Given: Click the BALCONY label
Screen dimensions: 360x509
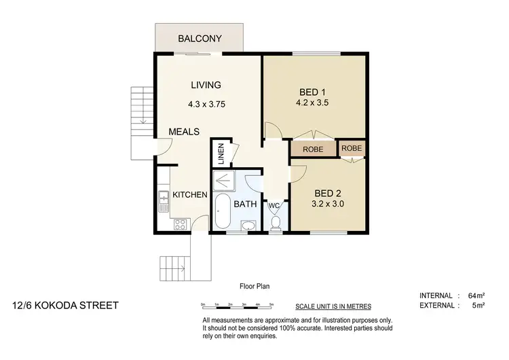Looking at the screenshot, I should coord(200,39).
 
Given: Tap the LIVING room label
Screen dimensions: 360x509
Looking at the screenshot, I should coord(206,85).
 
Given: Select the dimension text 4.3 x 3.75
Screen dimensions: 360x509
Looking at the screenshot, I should coord(206,105).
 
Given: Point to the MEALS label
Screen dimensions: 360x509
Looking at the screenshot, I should coord(184,132).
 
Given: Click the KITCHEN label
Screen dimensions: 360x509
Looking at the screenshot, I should coord(189,195).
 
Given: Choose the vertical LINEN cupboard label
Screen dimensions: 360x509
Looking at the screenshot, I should coord(221,153).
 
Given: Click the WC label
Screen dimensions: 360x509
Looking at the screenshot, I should coord(274,204).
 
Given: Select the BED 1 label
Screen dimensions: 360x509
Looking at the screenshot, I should coord(314,92).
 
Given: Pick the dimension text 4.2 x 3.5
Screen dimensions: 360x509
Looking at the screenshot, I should coord(314,104).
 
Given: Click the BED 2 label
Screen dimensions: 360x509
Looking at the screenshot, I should coord(327,191).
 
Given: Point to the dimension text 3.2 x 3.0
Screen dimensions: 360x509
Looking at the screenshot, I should coord(327,202).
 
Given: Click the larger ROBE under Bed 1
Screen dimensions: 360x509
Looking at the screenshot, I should coord(312,149).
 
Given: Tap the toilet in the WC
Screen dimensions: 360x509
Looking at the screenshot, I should coord(275,223).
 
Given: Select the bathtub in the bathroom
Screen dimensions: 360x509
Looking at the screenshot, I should coord(223,213).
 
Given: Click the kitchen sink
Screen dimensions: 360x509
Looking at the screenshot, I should coord(163,198).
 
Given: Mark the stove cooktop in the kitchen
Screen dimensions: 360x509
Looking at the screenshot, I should coord(180,224).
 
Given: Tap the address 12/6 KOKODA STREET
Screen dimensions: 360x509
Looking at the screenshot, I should coord(65,306).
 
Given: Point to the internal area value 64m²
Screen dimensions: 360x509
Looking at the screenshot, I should coord(475,295).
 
